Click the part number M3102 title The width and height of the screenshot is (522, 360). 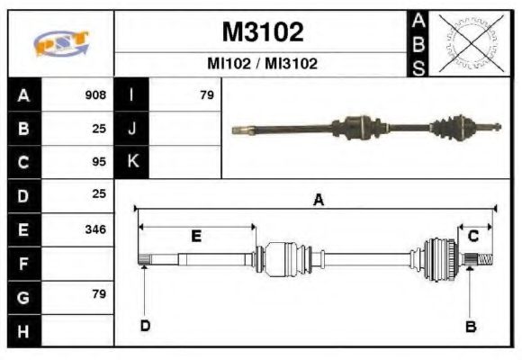(x=262, y=32)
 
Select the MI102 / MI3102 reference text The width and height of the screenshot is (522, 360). (x=262, y=65)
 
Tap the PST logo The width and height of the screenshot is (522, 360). (x=60, y=43)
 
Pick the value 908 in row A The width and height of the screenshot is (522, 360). (x=95, y=94)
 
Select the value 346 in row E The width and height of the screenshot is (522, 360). (x=95, y=229)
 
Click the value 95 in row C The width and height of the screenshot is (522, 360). (x=99, y=162)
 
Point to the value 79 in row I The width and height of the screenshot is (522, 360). (x=206, y=94)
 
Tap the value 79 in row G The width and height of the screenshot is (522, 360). (x=99, y=294)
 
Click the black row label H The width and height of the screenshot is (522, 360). (x=22, y=331)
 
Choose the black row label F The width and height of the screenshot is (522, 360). (x=22, y=264)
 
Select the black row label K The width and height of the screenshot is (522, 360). (x=132, y=162)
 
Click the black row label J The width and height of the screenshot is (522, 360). (x=132, y=128)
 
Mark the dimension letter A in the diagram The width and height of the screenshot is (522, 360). (x=318, y=201)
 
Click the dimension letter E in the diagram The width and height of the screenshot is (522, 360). (x=196, y=236)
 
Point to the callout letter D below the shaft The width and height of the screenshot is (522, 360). (x=145, y=326)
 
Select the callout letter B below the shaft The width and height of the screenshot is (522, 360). (x=469, y=326)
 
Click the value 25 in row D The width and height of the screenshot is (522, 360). (x=99, y=193)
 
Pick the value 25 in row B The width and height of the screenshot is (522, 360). (x=99, y=128)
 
